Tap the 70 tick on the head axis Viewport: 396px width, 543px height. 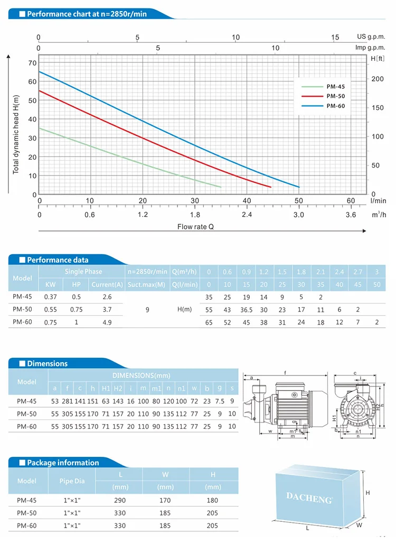coord(32,63)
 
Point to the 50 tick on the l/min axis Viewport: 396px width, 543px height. coord(299,201)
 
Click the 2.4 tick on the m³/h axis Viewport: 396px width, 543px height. coord(247,215)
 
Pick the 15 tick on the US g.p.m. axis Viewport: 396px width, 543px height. coord(335,38)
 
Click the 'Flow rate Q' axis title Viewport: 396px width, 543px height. coord(196,226)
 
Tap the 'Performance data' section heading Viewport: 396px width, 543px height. coord(58,260)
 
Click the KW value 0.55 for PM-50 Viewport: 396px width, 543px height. coord(50,309)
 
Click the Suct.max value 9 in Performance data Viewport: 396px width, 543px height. coord(147,309)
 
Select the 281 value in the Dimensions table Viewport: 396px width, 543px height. coord(67,401)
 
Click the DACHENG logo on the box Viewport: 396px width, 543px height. coord(309,497)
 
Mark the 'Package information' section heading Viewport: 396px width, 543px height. coord(63,463)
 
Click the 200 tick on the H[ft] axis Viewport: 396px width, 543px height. coord(376,79)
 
